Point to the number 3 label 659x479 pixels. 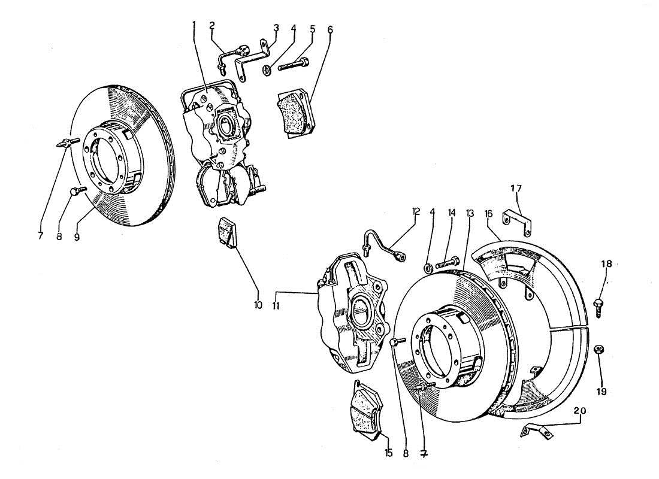click(276, 28)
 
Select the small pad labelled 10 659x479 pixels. click(227, 232)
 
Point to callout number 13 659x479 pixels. click(469, 213)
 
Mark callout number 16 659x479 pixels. click(489, 213)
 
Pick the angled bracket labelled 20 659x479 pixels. click(539, 431)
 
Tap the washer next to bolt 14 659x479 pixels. click(429, 266)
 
